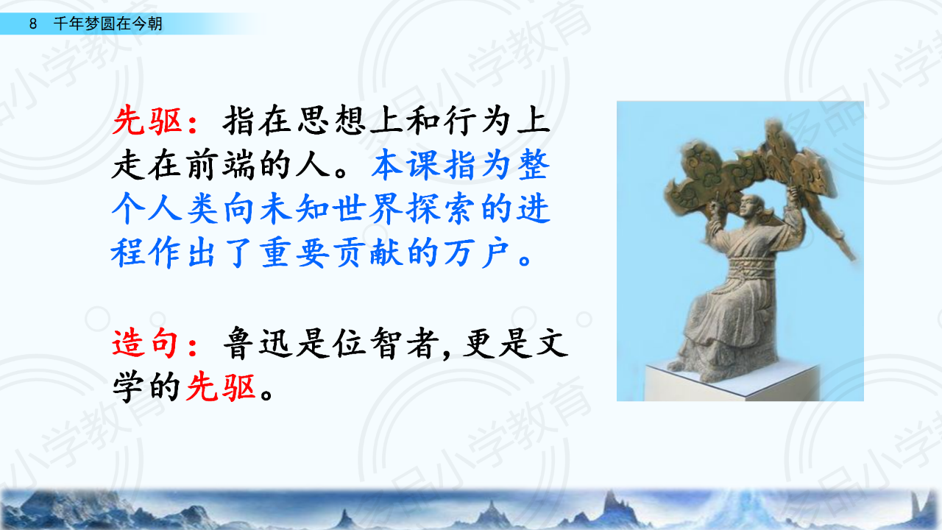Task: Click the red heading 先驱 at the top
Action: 146,121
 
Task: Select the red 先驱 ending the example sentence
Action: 221,387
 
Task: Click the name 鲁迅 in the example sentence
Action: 258,343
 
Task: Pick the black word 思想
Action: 331,121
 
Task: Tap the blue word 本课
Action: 406,165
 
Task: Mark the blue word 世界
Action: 369,208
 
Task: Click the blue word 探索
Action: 442,208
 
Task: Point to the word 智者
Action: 405,343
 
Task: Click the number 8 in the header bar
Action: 33,24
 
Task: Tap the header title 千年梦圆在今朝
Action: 107,24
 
